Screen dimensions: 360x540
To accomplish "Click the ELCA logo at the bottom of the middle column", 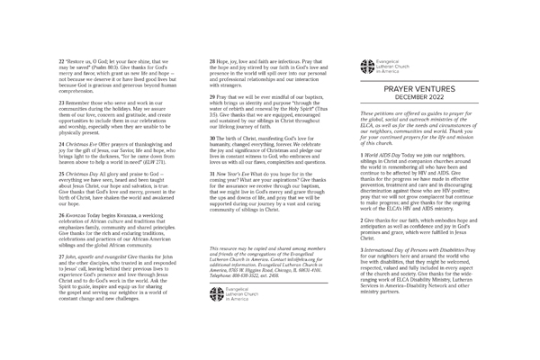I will coord(233,292).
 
